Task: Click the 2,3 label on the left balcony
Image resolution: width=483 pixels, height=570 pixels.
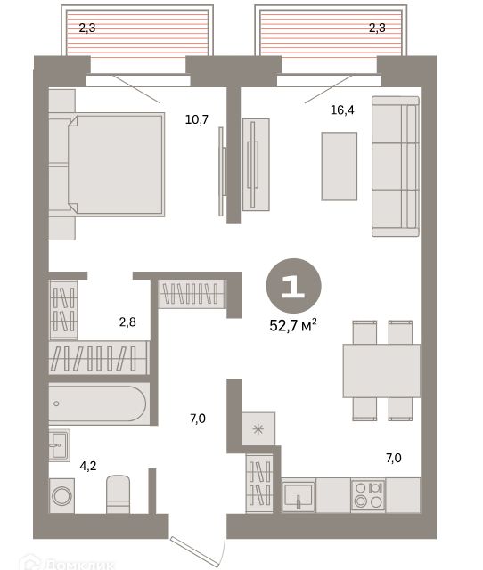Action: point(86,28)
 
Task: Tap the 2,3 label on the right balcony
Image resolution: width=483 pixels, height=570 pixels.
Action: point(377,28)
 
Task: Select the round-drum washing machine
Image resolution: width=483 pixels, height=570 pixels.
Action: point(61,494)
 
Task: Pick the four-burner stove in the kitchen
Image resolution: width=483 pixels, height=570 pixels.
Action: point(368,494)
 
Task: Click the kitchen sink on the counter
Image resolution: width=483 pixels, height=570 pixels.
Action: point(299,493)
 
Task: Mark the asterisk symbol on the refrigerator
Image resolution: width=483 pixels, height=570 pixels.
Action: point(259,430)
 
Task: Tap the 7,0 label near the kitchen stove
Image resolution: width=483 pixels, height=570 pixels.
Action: point(393,459)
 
